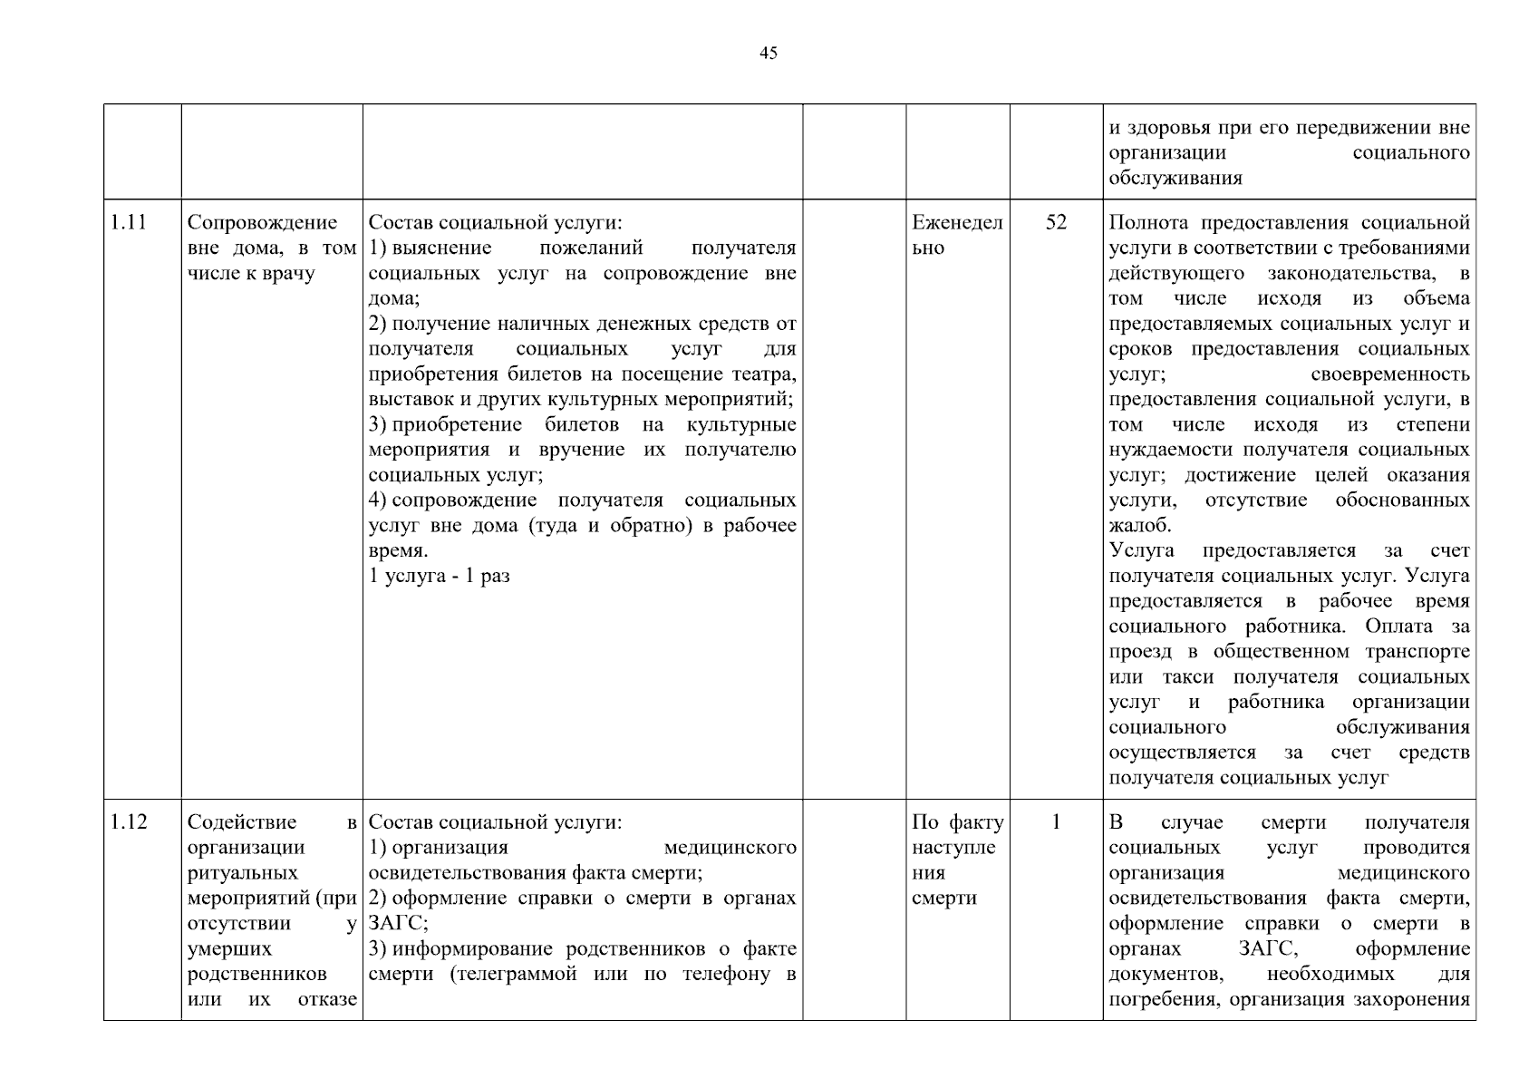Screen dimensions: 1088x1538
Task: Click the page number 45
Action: click(x=768, y=53)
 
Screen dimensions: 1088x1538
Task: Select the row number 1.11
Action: click(x=129, y=222)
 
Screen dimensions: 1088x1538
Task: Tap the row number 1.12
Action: click(x=129, y=822)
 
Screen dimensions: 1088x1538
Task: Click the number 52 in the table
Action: click(x=1056, y=222)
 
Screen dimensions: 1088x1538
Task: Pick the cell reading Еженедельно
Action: click(x=956, y=235)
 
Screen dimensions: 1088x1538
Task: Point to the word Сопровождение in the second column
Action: click(x=262, y=222)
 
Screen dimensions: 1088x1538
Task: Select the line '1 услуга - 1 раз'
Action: click(x=440, y=576)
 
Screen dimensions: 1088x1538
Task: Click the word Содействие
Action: click(x=241, y=822)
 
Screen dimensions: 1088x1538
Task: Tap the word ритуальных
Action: click(x=242, y=873)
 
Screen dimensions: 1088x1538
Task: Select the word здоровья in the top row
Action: click(x=1170, y=129)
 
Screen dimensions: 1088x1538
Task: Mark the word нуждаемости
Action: click(x=1173, y=450)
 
